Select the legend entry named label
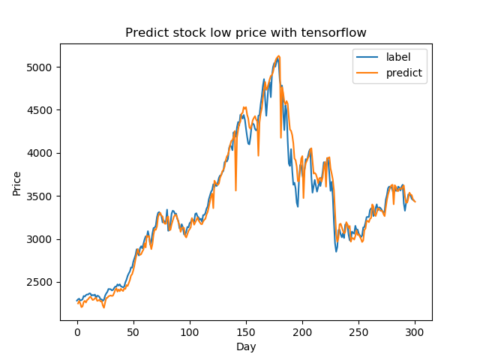point(398,56)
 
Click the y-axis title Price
point(16,183)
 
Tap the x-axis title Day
point(246,347)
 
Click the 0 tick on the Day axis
point(77,331)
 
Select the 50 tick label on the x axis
point(133,331)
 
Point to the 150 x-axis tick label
point(246,331)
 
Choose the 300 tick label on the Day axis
point(415,331)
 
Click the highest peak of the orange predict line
point(279,55)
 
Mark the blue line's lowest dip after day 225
point(336,251)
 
